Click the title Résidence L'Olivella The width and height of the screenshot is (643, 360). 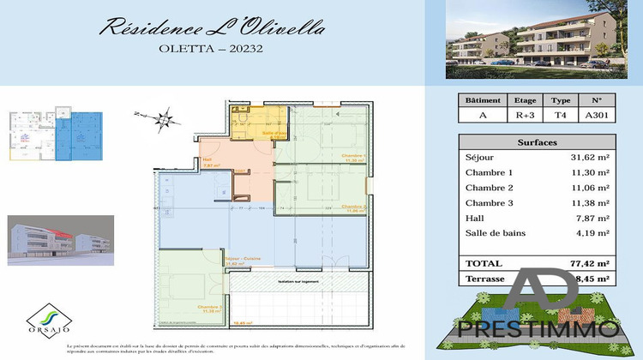pos(213,27)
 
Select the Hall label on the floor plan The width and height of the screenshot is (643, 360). pos(207,159)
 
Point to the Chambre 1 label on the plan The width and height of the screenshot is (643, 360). pos(354,156)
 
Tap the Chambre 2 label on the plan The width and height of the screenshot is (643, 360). pos(354,207)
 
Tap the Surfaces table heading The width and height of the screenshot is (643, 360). pos(537,143)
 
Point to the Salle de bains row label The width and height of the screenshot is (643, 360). pos(495,233)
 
